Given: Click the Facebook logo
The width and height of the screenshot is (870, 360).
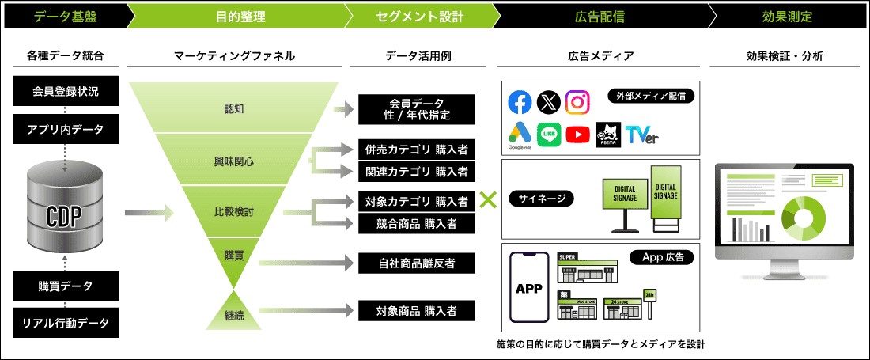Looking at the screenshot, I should [x=520, y=102].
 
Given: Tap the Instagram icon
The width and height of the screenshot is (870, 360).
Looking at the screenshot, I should [x=578, y=102].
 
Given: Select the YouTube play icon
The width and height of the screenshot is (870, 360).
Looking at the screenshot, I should [x=578, y=135].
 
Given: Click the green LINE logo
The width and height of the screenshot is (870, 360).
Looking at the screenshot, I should [x=549, y=135].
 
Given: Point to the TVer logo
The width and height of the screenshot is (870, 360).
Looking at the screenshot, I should [x=641, y=135].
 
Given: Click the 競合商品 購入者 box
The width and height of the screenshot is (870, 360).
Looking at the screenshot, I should [x=417, y=224].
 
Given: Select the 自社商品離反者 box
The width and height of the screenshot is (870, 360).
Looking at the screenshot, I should [x=417, y=262].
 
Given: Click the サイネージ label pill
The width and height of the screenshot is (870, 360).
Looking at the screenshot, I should [x=543, y=198].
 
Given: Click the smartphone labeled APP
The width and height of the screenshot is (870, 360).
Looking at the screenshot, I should [x=528, y=288].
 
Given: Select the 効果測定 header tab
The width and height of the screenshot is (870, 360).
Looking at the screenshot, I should [x=787, y=15].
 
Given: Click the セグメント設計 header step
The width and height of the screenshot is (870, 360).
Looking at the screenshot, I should [x=418, y=15].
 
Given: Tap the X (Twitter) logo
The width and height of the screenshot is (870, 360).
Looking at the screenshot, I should [x=549, y=102].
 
